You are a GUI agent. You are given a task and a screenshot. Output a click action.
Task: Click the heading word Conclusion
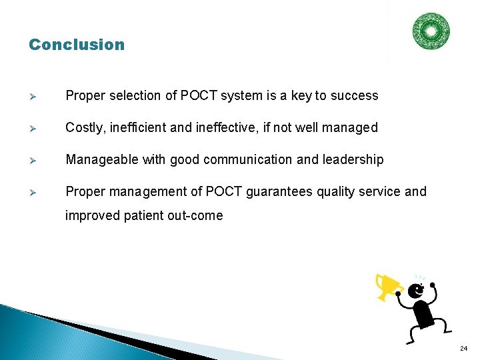77,45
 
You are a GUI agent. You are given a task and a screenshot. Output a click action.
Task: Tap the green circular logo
431,31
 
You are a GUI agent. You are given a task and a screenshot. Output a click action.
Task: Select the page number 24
463,349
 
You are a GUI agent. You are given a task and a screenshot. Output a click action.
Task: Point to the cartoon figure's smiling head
416,291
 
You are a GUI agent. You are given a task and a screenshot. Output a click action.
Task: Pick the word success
355,96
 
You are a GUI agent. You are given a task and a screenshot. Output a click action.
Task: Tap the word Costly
83,128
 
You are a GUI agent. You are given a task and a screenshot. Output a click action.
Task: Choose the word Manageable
99,160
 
